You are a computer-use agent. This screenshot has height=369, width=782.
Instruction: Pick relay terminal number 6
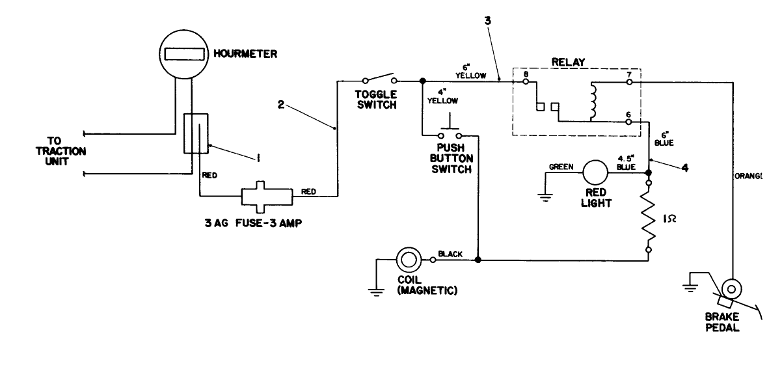tap(628, 114)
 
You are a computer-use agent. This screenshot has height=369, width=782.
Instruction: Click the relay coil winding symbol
tap(593, 102)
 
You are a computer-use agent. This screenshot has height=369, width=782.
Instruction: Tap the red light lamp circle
tap(595, 173)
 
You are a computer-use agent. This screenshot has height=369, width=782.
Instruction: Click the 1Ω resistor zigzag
tap(649, 217)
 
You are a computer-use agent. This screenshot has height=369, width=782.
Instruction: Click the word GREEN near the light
tap(561, 167)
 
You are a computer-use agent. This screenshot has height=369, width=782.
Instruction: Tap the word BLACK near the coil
tap(450, 254)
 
